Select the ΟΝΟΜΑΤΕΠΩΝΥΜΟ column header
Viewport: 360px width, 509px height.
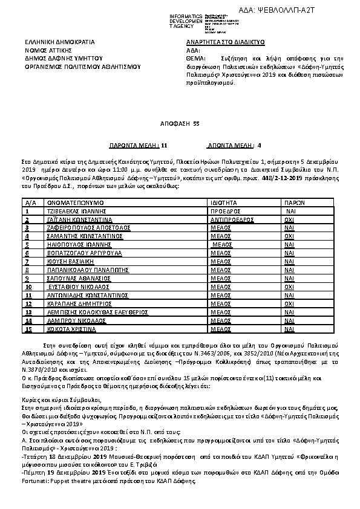pos(76,203)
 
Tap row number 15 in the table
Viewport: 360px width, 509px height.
pos(29,329)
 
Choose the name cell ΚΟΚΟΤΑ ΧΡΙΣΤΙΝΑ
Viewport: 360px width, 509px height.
pos(71,329)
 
